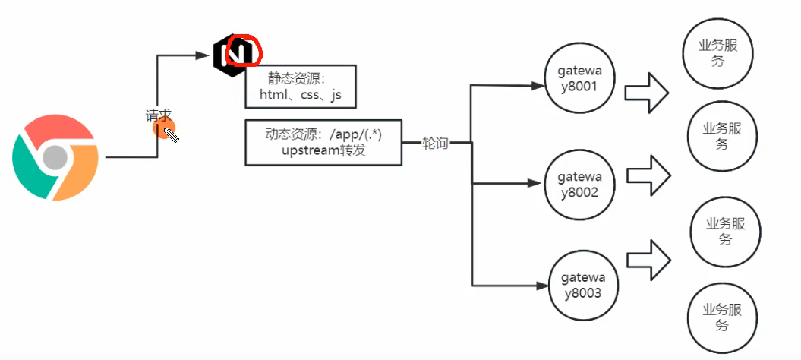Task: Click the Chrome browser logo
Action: (55, 157)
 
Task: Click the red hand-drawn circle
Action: (244, 50)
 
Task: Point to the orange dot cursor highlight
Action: (165, 129)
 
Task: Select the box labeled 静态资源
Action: (300, 86)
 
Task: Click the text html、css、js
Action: (301, 96)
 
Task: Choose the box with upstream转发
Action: (323, 141)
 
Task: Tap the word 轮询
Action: (435, 143)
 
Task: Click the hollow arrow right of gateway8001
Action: (645, 93)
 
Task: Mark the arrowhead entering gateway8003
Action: (541, 286)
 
